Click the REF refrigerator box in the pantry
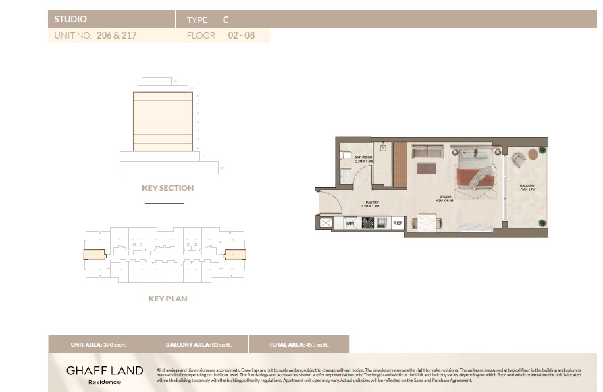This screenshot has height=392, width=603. click(x=398, y=222)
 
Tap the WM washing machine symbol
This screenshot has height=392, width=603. click(x=350, y=222)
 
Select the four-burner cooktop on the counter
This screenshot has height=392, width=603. click(x=369, y=222)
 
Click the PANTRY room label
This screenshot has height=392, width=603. click(x=371, y=203)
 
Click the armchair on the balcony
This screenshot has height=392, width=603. click(x=519, y=160)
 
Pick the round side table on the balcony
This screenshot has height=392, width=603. click(x=533, y=154)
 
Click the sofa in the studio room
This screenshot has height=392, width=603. click(x=427, y=151)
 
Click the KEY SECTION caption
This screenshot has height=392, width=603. click(x=167, y=188)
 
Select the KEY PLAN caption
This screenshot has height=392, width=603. click(x=167, y=298)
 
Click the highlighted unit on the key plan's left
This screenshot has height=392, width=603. click(x=95, y=255)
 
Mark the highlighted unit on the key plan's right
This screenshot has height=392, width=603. click(x=235, y=255)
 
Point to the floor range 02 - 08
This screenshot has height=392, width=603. click(x=240, y=36)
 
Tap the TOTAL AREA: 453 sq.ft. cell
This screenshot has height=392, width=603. click(x=298, y=345)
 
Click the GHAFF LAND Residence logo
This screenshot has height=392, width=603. click(x=105, y=374)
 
